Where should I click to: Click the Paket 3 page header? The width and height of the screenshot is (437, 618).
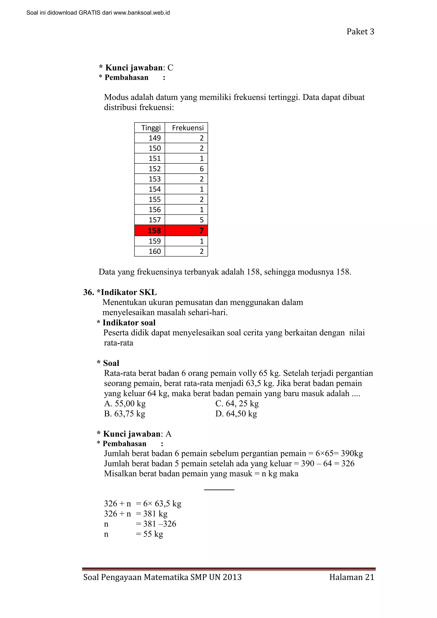coord(360,32)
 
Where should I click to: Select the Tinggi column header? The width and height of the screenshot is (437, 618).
coord(151,128)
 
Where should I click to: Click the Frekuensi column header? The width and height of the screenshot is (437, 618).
coord(188,128)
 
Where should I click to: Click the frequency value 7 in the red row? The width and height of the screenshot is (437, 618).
coord(201,231)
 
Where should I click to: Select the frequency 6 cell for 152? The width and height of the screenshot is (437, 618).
coord(201,169)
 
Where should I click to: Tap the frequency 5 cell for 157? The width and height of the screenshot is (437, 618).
coord(201,220)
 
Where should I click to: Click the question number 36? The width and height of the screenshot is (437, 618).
coord(89,292)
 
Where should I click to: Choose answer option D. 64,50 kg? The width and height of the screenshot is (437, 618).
coord(236,414)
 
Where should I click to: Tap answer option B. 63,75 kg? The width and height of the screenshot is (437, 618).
coord(125,414)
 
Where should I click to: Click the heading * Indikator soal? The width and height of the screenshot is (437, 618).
coord(126,323)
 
